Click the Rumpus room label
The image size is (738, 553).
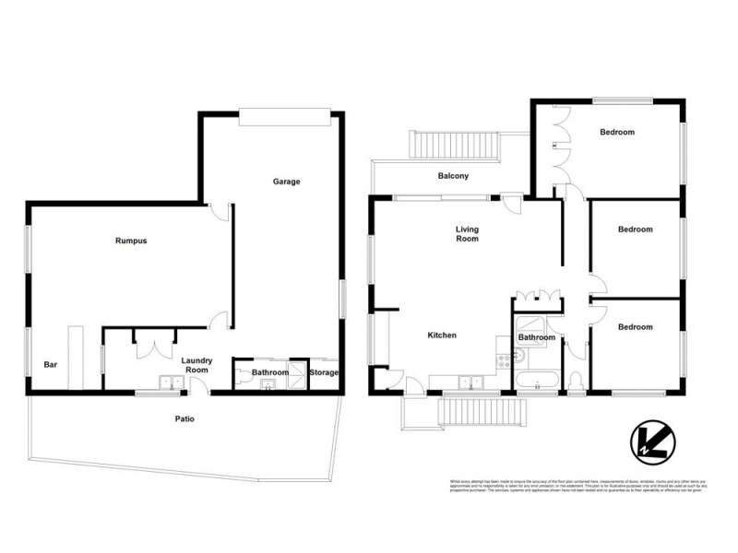(131, 241)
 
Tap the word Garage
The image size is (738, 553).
(286, 182)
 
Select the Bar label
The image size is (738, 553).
(51, 365)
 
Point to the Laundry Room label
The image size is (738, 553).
(197, 365)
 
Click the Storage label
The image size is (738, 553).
(324, 372)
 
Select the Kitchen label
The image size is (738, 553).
(442, 335)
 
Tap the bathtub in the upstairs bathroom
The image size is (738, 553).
(536, 380)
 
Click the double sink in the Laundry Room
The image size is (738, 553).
(170, 382)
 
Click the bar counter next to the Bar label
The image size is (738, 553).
(74, 357)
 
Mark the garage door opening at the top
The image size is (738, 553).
(284, 117)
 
